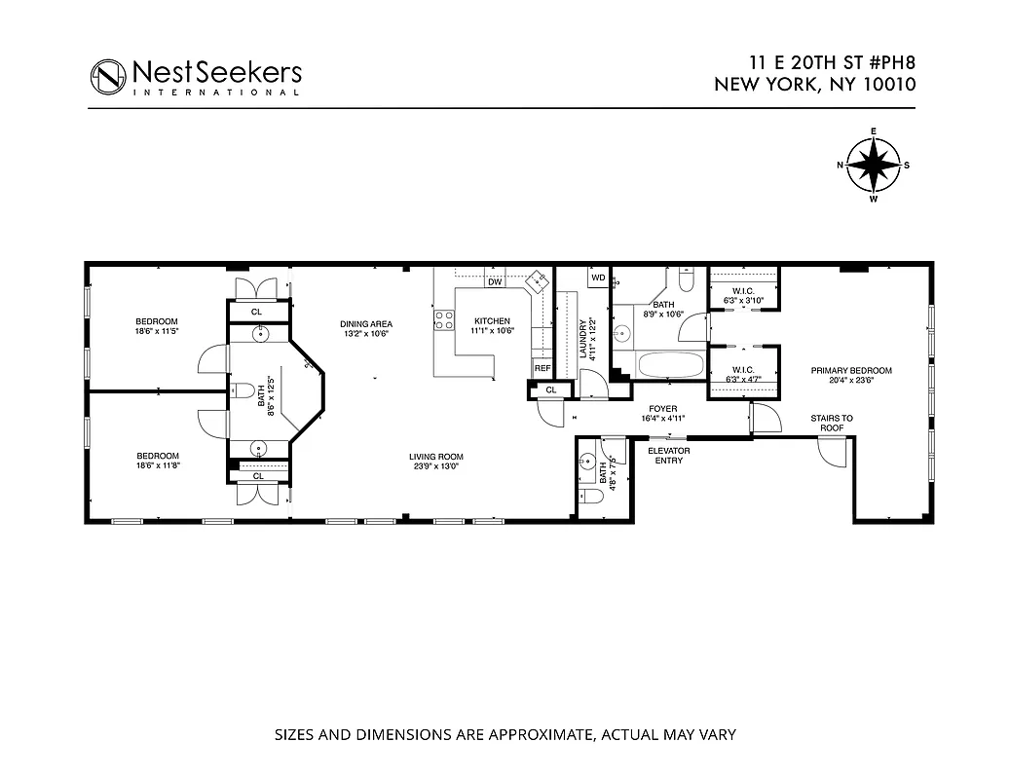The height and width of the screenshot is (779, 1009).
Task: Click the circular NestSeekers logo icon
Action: coord(109,76)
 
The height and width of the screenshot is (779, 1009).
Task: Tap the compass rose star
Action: coord(874,165)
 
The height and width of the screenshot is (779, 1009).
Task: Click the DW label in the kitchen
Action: coord(495,282)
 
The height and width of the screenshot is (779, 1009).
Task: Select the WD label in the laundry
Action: coord(598,278)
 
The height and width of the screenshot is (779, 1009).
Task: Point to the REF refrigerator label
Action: coord(542,368)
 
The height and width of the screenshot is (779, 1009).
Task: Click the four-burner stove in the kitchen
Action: coord(445,320)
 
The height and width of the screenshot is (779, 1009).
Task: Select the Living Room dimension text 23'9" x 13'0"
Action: coord(436,466)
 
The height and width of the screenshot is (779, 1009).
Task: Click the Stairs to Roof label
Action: coord(831,423)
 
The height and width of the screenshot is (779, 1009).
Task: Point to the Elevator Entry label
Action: coord(669,455)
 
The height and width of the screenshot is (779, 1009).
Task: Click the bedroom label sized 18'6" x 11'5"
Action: coord(157,327)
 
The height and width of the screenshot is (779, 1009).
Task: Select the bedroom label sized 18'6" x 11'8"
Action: coord(157,461)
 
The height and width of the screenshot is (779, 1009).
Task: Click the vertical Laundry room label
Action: coord(585,339)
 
